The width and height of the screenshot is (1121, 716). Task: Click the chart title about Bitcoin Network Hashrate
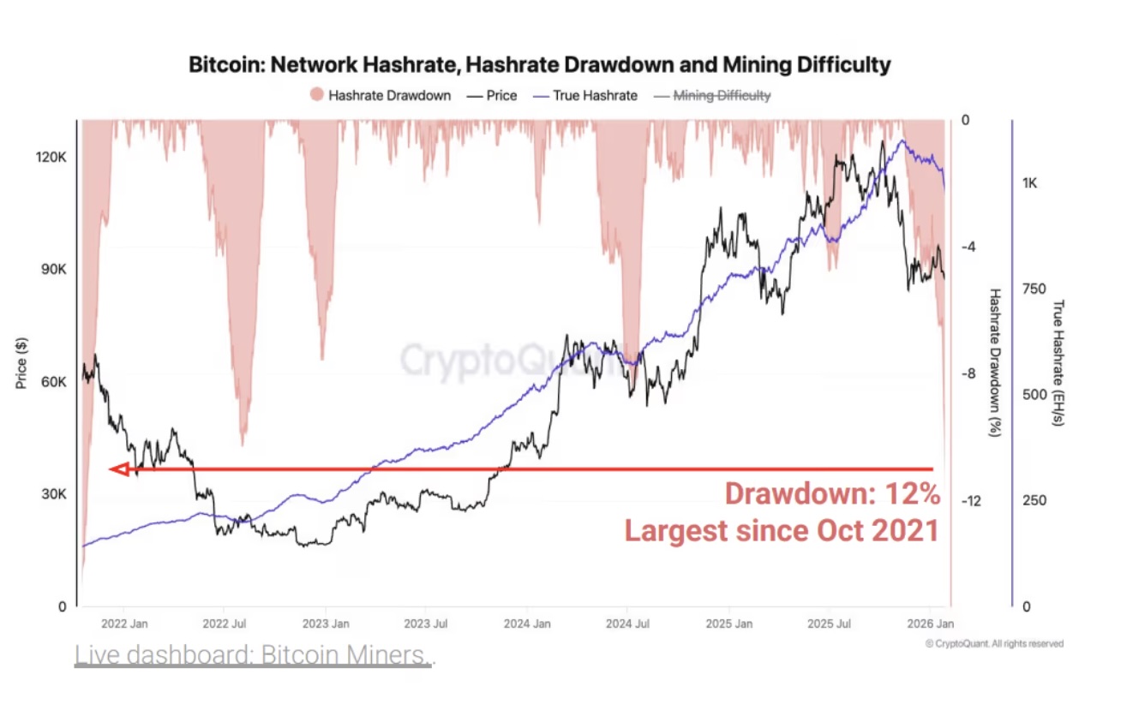[x=539, y=64]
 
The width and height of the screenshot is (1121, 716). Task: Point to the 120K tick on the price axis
[x=50, y=158]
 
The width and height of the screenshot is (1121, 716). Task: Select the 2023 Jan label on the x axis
[x=327, y=624]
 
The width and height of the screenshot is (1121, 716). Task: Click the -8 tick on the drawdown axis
[x=968, y=373]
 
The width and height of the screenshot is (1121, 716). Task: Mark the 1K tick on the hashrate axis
[x=1029, y=183]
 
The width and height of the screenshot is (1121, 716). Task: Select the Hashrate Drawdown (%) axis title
[x=995, y=363]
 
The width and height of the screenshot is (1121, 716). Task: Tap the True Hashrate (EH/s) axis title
[x=1059, y=363]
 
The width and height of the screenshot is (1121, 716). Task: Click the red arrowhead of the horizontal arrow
[x=119, y=469]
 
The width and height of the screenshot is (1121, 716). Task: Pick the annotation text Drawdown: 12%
[x=832, y=494]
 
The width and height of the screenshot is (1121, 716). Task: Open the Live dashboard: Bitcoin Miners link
[x=254, y=655]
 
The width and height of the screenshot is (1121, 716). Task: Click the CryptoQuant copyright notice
[x=995, y=643]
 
